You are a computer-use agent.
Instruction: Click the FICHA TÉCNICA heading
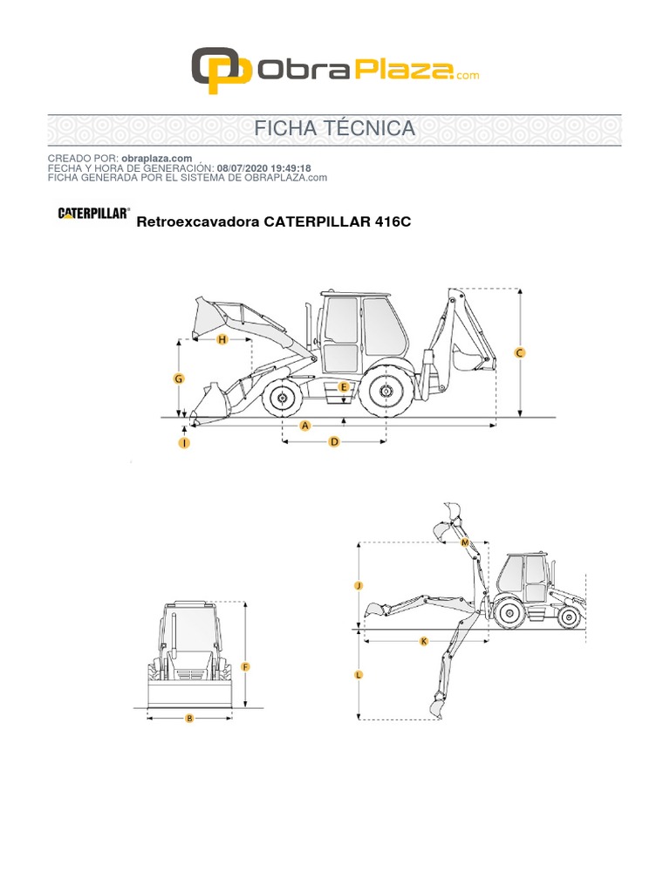(334, 129)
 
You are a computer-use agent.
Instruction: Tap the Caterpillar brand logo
(94, 213)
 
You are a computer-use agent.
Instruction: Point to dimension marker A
(305, 426)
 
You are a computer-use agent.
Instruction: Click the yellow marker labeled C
(520, 353)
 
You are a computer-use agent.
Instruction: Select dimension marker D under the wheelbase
(333, 442)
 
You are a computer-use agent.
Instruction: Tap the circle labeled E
(344, 386)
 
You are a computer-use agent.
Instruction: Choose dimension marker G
(178, 378)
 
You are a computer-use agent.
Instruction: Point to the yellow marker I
(184, 443)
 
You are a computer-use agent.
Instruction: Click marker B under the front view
(189, 719)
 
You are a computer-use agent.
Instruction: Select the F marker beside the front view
(246, 667)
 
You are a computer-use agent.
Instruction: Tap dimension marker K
(424, 641)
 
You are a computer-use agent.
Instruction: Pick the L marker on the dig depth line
(359, 675)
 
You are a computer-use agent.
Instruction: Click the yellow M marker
(465, 542)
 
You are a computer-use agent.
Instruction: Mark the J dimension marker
(359, 586)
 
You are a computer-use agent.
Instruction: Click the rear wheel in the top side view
(384, 393)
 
